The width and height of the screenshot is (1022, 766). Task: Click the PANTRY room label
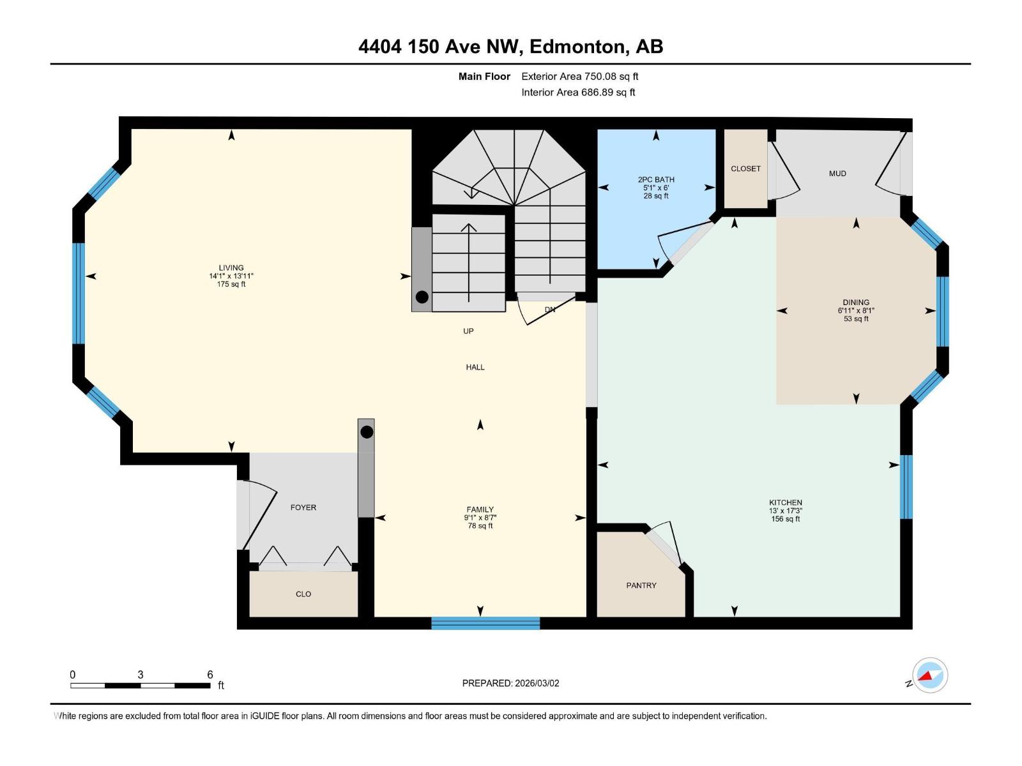(x=641, y=585)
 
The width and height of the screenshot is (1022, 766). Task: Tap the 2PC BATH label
(x=656, y=179)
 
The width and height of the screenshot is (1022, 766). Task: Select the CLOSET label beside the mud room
(x=745, y=169)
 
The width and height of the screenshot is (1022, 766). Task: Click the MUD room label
(x=837, y=174)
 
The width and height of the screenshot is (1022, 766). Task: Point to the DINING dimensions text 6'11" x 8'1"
(x=856, y=311)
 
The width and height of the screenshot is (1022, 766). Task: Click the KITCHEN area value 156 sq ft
(x=785, y=519)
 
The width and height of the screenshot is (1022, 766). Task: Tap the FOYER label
(x=303, y=507)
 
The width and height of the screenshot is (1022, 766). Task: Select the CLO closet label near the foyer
(x=303, y=594)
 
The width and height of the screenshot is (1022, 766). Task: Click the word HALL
(x=475, y=367)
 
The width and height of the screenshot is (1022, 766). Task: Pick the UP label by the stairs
(x=468, y=331)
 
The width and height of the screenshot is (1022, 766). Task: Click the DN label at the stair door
(x=550, y=310)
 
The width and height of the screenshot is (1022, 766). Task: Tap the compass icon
(x=930, y=675)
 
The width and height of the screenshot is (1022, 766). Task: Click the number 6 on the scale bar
(x=210, y=675)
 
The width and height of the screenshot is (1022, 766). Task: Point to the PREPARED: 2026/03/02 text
(x=510, y=683)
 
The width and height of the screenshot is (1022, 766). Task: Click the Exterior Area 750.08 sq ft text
(x=579, y=77)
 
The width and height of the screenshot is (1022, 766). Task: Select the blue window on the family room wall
(x=485, y=623)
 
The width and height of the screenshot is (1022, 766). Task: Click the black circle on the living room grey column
(x=422, y=297)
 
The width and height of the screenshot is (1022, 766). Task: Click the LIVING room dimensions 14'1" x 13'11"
(x=231, y=276)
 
